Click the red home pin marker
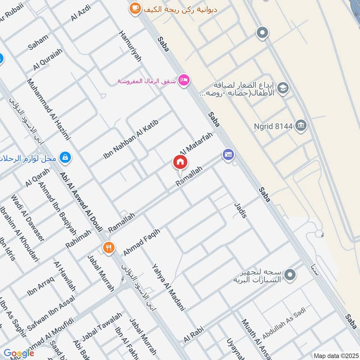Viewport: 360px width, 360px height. pyautogui.click(x=180, y=162)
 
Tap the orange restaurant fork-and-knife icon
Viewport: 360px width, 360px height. pyautogui.click(x=108, y=247)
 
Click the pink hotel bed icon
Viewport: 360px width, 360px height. pyautogui.click(x=184, y=81)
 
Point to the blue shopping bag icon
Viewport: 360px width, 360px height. pyautogui.click(x=66, y=157)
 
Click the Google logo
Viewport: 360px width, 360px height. pyautogui.click(x=19, y=353)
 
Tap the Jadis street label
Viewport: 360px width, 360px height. pyautogui.click(x=240, y=210)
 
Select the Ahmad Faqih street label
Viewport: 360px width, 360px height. pyautogui.click(x=141, y=242)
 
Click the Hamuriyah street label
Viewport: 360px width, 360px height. pyautogui.click(x=130, y=45)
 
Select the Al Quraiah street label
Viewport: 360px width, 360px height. pyautogui.click(x=48, y=60)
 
